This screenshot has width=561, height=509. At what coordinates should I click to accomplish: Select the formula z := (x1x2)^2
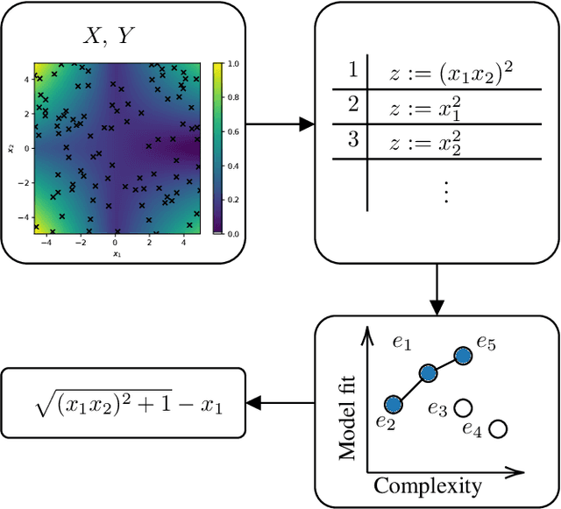[x=450, y=74]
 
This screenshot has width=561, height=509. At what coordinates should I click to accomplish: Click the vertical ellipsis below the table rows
[x=444, y=191]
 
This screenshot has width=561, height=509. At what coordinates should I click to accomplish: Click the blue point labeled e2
[x=394, y=403]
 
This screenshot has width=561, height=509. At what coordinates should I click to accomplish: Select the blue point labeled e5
[x=463, y=356]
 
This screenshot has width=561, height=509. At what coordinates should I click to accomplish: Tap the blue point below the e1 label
[x=428, y=373]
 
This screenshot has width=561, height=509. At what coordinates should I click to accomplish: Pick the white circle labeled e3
[x=465, y=407]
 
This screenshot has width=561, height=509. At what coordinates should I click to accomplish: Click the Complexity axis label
[x=428, y=485]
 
